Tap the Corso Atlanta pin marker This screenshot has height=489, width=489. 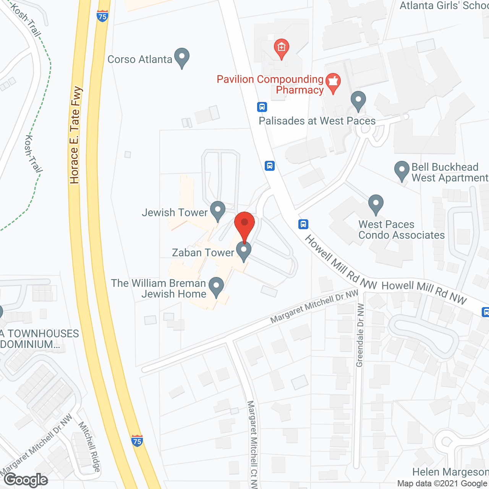pyautogui.click(x=182, y=57)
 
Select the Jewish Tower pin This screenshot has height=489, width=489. pyautogui.click(x=218, y=210)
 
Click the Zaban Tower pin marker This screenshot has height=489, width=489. pyautogui.click(x=244, y=251)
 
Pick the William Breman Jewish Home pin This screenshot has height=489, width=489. pyautogui.click(x=216, y=287)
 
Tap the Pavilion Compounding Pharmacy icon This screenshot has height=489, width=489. pyautogui.click(x=333, y=83)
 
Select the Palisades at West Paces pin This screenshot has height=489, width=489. pyautogui.click(x=358, y=101)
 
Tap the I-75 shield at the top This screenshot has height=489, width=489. pyautogui.click(x=102, y=16)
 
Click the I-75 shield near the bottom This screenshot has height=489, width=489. pyautogui.click(x=137, y=441)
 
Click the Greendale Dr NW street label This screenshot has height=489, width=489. pyautogui.click(x=359, y=335)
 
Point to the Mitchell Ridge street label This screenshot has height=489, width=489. pyautogui.click(x=90, y=446)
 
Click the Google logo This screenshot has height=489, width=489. pyautogui.click(x=26, y=480)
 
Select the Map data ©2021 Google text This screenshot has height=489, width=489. pyautogui.click(x=442, y=484)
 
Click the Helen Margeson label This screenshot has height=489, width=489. pyautogui.click(x=450, y=472)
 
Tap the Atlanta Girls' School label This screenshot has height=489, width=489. pyautogui.click(x=444, y=6)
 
